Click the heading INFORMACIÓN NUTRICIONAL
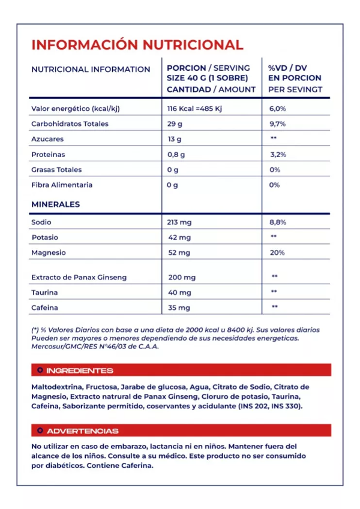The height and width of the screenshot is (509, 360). [137, 45]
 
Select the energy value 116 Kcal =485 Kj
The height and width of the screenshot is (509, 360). [196, 109]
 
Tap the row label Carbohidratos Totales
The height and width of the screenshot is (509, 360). [70, 124]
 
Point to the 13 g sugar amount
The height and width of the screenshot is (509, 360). [174, 139]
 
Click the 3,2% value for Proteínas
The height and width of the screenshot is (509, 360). [278, 154]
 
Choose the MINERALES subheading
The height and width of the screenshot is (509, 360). [55, 204]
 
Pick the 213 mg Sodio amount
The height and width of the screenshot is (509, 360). [179, 222]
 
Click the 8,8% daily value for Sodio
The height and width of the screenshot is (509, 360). [278, 222]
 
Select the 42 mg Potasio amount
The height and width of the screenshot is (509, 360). [179, 237]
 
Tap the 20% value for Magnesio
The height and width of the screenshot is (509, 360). [277, 252]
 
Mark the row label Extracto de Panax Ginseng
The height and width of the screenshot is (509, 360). [79, 278]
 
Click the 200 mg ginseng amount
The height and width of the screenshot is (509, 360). [182, 278]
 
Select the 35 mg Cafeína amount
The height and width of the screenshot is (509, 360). [179, 308]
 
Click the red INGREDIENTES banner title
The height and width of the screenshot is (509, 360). [79, 371]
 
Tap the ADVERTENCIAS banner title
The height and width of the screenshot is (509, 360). [82, 431]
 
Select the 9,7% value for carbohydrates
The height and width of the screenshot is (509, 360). [277, 124]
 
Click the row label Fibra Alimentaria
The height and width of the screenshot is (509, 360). [62, 185]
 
